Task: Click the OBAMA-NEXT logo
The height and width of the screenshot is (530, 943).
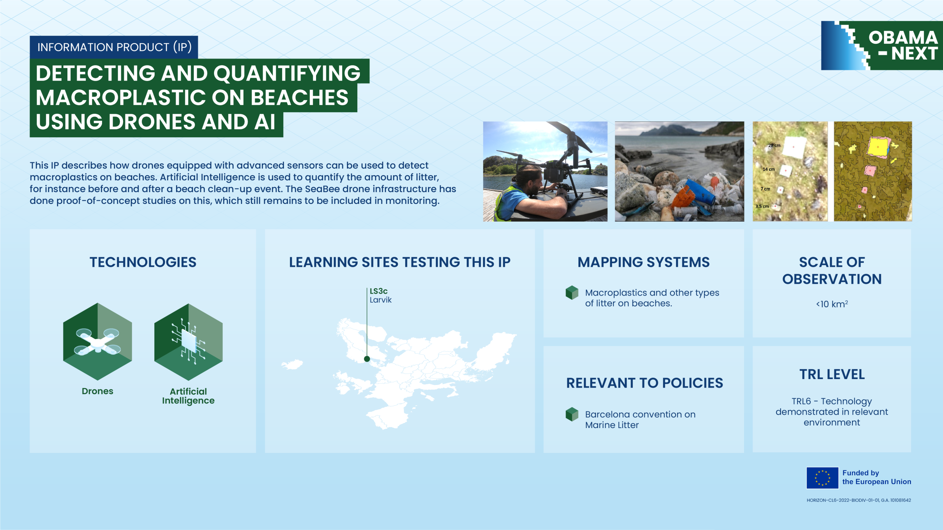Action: coord(882,46)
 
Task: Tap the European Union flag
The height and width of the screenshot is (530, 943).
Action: coord(822,478)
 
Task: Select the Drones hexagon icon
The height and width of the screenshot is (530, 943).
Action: coord(98,342)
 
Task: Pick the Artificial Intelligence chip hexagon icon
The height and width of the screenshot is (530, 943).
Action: coord(188,342)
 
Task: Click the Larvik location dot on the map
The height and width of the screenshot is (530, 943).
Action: coord(367,359)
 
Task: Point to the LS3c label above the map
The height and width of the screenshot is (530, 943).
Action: coord(378,291)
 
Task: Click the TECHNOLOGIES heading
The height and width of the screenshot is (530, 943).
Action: coord(143,262)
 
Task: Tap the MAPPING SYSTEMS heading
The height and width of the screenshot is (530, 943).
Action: coord(644,262)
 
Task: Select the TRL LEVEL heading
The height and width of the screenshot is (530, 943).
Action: coord(832,374)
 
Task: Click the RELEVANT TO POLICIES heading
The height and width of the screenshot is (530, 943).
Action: coord(645,383)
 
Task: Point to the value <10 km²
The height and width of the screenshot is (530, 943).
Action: coord(832,304)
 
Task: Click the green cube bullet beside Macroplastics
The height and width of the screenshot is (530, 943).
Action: coord(572,293)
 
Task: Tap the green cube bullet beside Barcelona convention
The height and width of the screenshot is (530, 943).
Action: coord(572,414)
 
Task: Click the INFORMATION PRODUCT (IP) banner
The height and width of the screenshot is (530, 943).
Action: coord(114,47)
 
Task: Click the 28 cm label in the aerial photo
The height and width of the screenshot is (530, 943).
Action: coord(774,145)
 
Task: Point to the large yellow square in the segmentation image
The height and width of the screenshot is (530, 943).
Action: coord(878,147)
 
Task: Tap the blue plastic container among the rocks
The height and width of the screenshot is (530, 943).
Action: coord(700,192)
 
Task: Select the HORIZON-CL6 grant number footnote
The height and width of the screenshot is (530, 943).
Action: coord(859,500)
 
